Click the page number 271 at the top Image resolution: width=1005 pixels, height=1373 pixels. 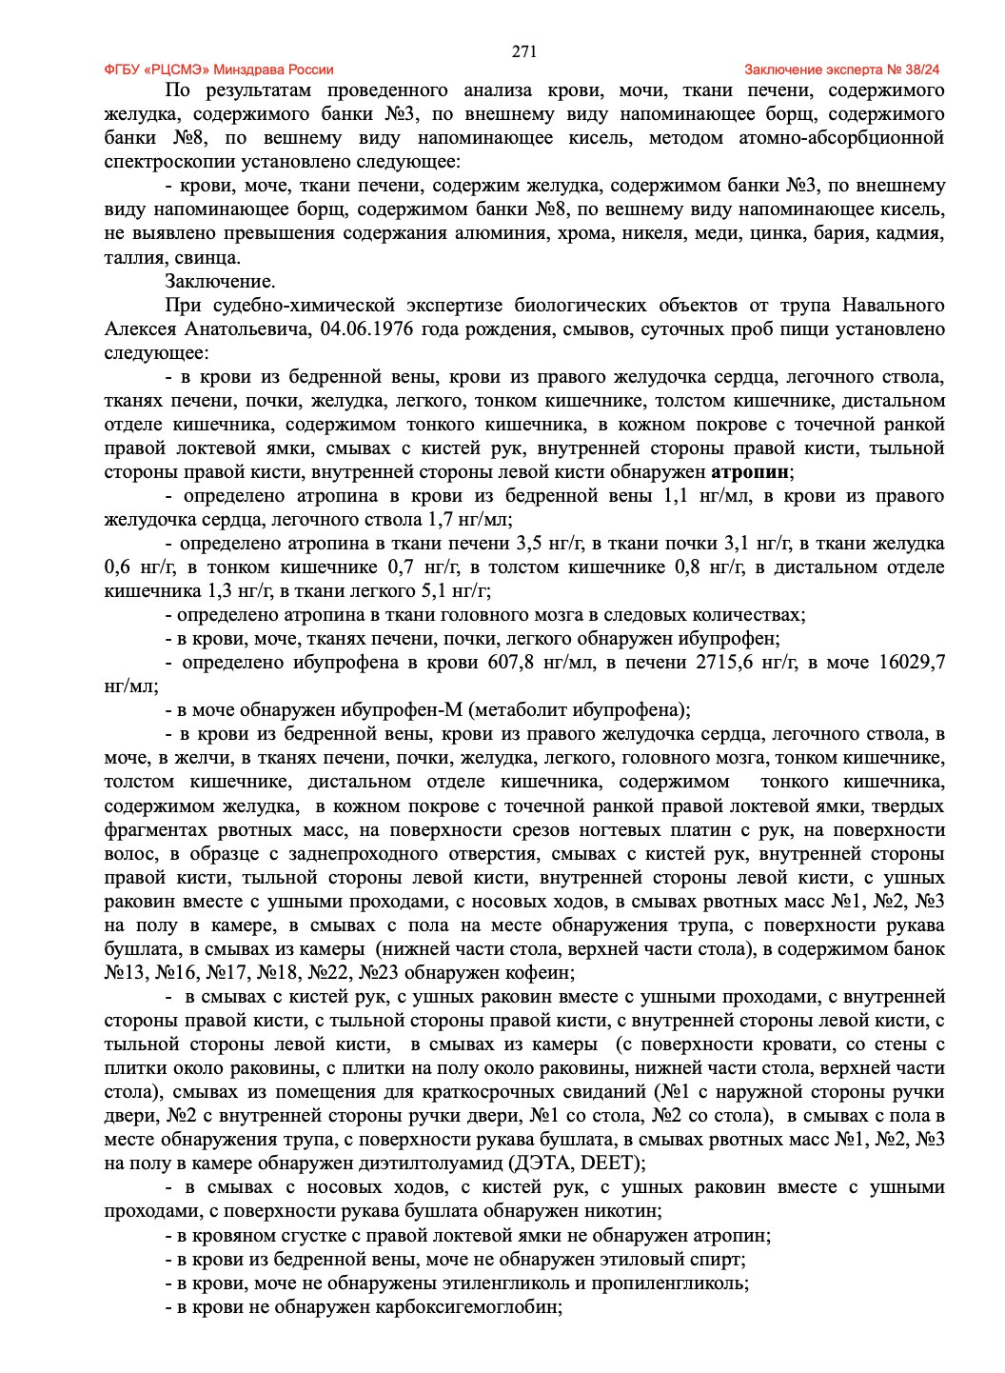(x=524, y=51)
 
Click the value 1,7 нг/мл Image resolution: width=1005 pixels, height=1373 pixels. (x=466, y=520)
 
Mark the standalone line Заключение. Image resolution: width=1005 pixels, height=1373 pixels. (x=220, y=282)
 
